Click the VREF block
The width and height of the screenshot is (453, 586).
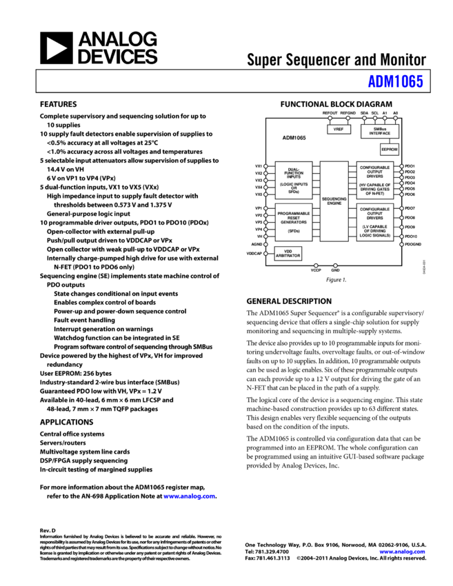coord(339,129)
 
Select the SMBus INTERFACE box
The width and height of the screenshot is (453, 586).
coord(379,131)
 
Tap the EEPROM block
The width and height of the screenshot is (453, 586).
coord(390,150)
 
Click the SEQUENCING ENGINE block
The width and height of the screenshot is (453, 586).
coord(334,201)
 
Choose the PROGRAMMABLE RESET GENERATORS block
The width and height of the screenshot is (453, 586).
coord(294,222)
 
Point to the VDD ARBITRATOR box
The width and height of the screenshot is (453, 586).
coord(288,254)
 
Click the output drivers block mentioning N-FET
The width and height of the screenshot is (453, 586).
coord(375,181)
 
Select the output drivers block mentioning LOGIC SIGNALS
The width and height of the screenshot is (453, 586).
coord(375,222)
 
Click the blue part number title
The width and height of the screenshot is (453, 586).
coord(396,81)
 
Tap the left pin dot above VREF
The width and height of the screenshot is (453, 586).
coord(330,118)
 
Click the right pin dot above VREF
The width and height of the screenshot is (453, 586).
coord(348,118)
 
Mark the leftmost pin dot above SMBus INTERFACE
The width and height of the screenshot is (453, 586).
coord(365,118)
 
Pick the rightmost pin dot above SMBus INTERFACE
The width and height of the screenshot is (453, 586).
coord(395,118)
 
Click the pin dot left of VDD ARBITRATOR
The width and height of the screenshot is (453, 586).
coord(265,254)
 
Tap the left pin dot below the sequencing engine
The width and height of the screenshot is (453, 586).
coord(316,265)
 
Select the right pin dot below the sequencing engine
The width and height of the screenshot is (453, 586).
coord(335,265)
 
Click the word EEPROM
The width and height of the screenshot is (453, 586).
coord(390,150)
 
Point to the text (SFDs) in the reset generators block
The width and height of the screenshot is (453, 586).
coord(294,231)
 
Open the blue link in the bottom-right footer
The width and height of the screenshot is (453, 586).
coord(402,552)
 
